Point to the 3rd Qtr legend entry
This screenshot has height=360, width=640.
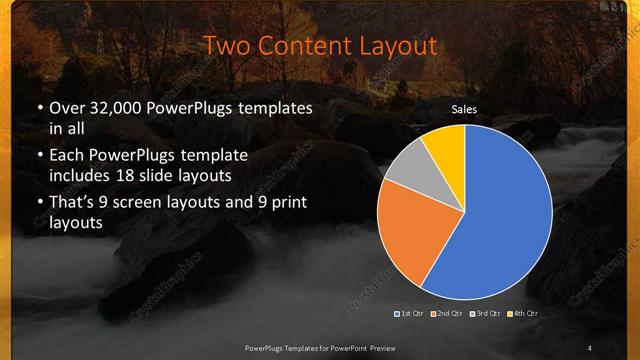point(486,314)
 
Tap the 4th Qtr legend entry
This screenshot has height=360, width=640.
point(524,314)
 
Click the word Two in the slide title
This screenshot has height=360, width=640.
point(226,45)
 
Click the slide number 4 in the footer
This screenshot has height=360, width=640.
point(590,347)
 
